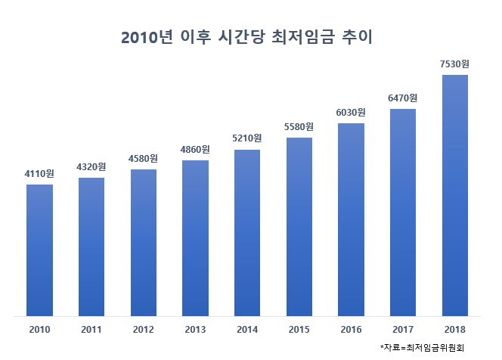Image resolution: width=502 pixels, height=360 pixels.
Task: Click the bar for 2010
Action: [39, 250]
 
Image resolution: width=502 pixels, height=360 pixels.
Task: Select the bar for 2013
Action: [195, 237]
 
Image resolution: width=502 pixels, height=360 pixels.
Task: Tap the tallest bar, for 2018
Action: [455, 195]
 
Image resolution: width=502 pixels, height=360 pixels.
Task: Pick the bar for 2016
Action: [351, 219]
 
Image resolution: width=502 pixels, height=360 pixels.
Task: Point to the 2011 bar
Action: [91, 247]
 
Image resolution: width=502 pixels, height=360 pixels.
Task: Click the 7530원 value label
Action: [454, 64]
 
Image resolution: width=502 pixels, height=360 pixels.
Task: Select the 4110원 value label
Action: [39, 173]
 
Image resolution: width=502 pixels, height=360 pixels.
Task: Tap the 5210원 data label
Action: [246, 138]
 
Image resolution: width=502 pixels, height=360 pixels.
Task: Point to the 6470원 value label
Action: [402, 98]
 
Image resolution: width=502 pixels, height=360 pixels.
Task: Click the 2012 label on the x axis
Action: [143, 330]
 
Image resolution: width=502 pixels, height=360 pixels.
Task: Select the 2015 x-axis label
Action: [299, 330]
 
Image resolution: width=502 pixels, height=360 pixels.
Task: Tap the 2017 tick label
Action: [402, 330]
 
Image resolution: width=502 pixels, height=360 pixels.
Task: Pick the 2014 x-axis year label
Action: [246, 330]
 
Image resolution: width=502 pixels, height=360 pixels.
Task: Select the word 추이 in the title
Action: [359, 37]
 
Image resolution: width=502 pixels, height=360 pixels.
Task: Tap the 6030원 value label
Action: [351, 112]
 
